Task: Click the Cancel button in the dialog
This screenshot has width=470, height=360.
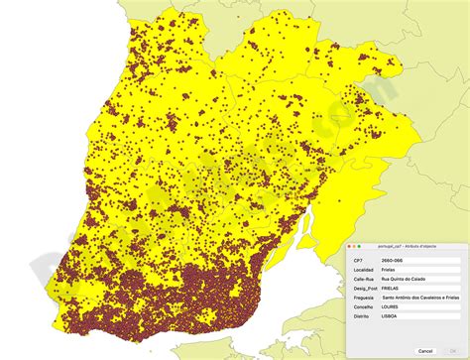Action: pos(425,350)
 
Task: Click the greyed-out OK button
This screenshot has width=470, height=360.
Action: pos(455,350)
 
